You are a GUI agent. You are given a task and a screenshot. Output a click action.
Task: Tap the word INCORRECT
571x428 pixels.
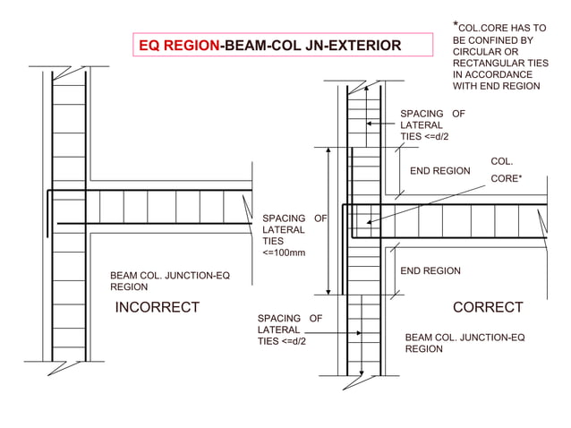tap(157, 308)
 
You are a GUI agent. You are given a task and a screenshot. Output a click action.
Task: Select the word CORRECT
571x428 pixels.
tap(488, 308)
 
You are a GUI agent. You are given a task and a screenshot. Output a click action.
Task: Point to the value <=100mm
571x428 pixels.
tap(284, 253)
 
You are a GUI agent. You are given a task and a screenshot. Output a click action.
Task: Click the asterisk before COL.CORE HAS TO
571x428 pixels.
tap(456, 23)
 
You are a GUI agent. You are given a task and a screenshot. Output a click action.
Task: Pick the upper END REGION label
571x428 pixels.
tap(439, 170)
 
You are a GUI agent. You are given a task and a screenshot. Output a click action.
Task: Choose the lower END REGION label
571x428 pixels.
tap(430, 271)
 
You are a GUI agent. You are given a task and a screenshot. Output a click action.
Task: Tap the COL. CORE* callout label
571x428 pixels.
tap(503, 171)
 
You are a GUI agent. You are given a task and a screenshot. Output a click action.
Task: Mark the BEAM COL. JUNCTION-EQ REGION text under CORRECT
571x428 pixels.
tap(464, 343)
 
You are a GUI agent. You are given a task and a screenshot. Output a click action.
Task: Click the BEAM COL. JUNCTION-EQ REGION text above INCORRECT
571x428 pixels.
tap(169, 281)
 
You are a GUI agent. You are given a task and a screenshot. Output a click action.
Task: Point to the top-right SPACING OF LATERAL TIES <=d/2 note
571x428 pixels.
tap(431, 125)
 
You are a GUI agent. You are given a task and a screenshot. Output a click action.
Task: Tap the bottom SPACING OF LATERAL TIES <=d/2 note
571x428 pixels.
tap(288, 330)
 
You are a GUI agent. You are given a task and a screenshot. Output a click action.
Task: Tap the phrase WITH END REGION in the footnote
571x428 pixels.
tap(496, 87)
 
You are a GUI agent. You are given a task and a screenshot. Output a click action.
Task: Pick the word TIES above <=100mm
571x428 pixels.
tap(273, 242)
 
